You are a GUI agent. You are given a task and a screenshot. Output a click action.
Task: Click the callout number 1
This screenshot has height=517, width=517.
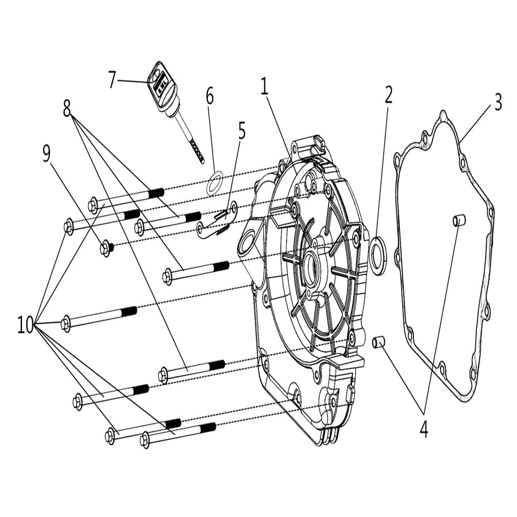click(x=264, y=87)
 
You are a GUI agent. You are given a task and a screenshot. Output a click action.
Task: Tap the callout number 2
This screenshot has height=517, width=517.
click(x=388, y=95)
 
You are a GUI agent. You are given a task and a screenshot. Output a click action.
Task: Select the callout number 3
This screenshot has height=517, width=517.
click(x=497, y=103)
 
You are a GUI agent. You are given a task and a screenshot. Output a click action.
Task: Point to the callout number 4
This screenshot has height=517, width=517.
click(x=424, y=429)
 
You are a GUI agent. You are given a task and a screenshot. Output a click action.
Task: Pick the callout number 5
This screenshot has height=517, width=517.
click(x=241, y=131)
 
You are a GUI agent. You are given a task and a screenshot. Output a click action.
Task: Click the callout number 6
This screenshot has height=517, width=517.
click(x=210, y=97)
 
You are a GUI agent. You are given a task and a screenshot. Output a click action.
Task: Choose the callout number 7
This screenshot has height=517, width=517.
click(x=112, y=80)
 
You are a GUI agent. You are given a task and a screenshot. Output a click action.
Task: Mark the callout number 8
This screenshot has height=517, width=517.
click(x=68, y=107)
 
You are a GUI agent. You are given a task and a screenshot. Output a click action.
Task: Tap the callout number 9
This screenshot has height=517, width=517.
click(x=47, y=154)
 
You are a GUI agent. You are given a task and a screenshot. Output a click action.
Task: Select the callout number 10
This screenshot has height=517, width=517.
click(x=25, y=326)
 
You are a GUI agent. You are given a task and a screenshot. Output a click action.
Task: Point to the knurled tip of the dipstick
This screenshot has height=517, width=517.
click(x=196, y=152)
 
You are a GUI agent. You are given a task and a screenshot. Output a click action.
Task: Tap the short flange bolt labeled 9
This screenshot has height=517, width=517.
click(x=106, y=248)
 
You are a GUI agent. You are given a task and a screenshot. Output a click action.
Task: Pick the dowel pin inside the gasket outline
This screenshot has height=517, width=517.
click(x=459, y=219)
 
